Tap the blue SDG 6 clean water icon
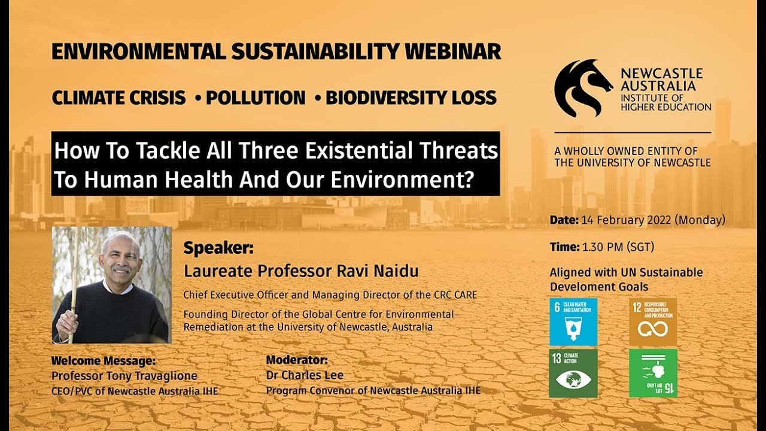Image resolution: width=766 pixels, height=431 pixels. click(x=573, y=321)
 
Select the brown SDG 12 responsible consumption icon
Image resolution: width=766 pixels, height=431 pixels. click(x=652, y=321)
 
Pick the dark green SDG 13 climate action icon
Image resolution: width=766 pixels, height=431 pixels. click(x=573, y=373)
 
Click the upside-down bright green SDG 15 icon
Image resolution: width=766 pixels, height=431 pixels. click(x=652, y=373)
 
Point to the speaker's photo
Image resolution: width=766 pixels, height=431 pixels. click(x=111, y=284)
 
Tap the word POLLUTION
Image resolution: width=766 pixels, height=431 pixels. click(x=256, y=98)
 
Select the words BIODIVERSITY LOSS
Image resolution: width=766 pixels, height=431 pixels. click(x=411, y=98)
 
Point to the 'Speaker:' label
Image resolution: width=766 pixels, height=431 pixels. click(x=218, y=248)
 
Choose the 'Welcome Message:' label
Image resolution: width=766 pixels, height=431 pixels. click(x=103, y=361)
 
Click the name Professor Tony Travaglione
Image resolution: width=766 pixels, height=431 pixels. click(x=124, y=376)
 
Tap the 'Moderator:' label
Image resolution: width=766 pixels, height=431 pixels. click(x=297, y=361)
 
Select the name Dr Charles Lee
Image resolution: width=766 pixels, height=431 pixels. click(x=305, y=376)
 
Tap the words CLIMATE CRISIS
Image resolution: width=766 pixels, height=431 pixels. click(x=118, y=98)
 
